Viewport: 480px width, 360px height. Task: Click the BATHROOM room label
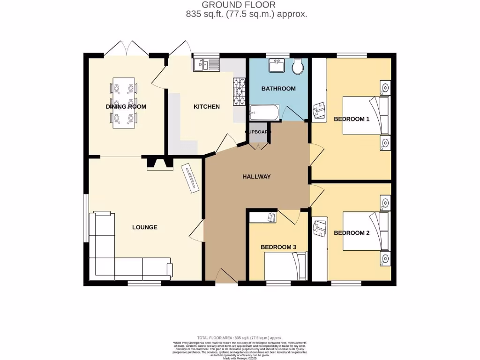pos(278,89)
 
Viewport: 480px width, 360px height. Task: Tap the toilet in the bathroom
pos(297,68)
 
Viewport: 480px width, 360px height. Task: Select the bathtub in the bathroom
pos(264,112)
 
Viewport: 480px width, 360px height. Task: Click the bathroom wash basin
pos(276,66)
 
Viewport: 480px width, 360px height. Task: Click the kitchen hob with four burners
pos(239,91)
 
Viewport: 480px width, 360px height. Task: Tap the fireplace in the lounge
pos(160,163)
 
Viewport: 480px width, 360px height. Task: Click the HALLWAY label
pos(256,177)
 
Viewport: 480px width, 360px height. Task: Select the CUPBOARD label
pos(258,132)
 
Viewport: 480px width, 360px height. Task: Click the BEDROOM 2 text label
pos(352,233)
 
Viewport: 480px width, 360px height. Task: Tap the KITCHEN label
pos(207,106)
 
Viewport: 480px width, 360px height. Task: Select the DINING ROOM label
pos(126,106)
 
